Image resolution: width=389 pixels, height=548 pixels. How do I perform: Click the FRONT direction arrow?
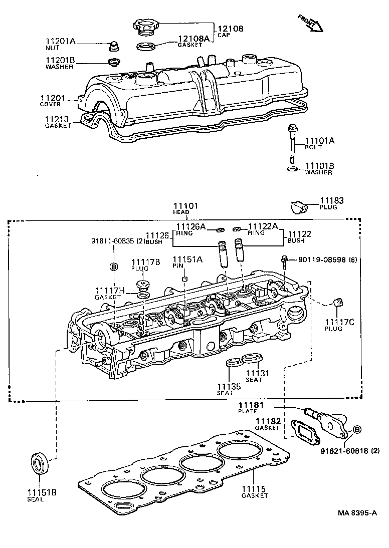click(x=311, y=23)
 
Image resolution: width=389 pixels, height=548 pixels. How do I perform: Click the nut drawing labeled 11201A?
click(x=113, y=47)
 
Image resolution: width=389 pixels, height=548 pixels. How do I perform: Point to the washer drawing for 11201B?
click(x=114, y=63)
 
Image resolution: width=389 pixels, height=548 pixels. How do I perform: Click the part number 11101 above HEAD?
click(x=186, y=206)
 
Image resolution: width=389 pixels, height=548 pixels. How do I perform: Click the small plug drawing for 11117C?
click(x=337, y=302)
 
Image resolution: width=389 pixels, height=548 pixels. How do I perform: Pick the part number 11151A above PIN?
click(x=187, y=259)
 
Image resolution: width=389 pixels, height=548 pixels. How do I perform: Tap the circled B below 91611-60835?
click(x=114, y=266)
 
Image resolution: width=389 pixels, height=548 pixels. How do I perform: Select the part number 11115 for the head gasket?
click(x=254, y=489)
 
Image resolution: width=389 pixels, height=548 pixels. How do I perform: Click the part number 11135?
click(x=229, y=386)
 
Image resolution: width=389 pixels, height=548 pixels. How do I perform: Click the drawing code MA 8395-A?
click(x=356, y=513)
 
